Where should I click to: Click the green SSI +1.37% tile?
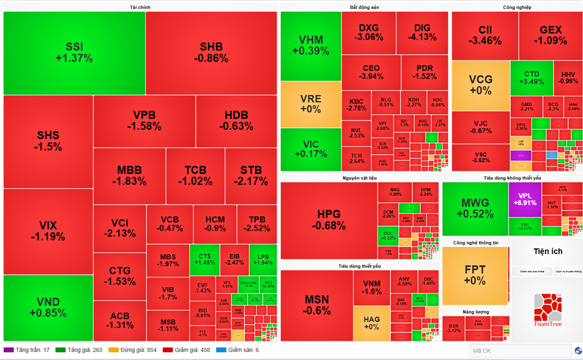[x=74, y=52]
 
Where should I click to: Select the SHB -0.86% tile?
[x=211, y=52]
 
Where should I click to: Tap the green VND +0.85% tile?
[x=48, y=308]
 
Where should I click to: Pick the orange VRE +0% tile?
[x=310, y=104]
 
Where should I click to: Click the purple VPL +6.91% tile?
[x=525, y=199]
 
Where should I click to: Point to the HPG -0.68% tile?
[x=328, y=220]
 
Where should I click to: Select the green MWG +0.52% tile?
[x=475, y=209]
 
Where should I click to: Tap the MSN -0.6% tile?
[x=317, y=305]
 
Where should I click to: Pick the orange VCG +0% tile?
[x=480, y=85]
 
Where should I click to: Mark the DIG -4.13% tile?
[x=422, y=33]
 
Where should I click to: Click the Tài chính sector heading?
[x=140, y=7]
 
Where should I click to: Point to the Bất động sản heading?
[x=364, y=7]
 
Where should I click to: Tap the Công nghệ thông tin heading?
[x=475, y=242]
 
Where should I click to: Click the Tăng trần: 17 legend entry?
[x=27, y=350]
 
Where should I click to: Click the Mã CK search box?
[x=520, y=351]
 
